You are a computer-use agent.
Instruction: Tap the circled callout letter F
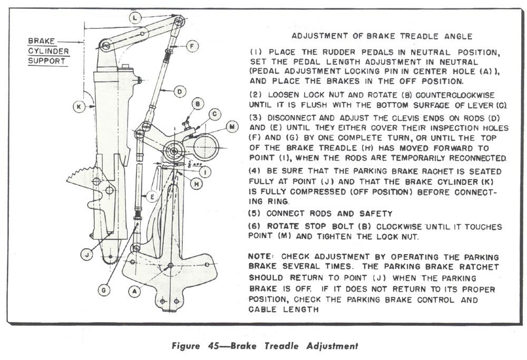tap(192, 46)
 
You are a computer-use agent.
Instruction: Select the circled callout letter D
tap(179, 91)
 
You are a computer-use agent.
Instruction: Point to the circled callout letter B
tap(198, 104)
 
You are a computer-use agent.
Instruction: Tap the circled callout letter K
tap(78, 106)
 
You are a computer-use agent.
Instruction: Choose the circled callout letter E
tap(151, 197)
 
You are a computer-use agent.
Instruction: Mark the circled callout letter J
tap(84, 255)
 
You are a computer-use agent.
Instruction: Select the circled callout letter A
tap(135, 290)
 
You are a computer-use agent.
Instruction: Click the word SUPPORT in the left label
tap(47, 61)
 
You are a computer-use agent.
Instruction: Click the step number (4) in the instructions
tap(255, 172)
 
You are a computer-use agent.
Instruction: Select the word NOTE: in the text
tap(263, 256)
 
